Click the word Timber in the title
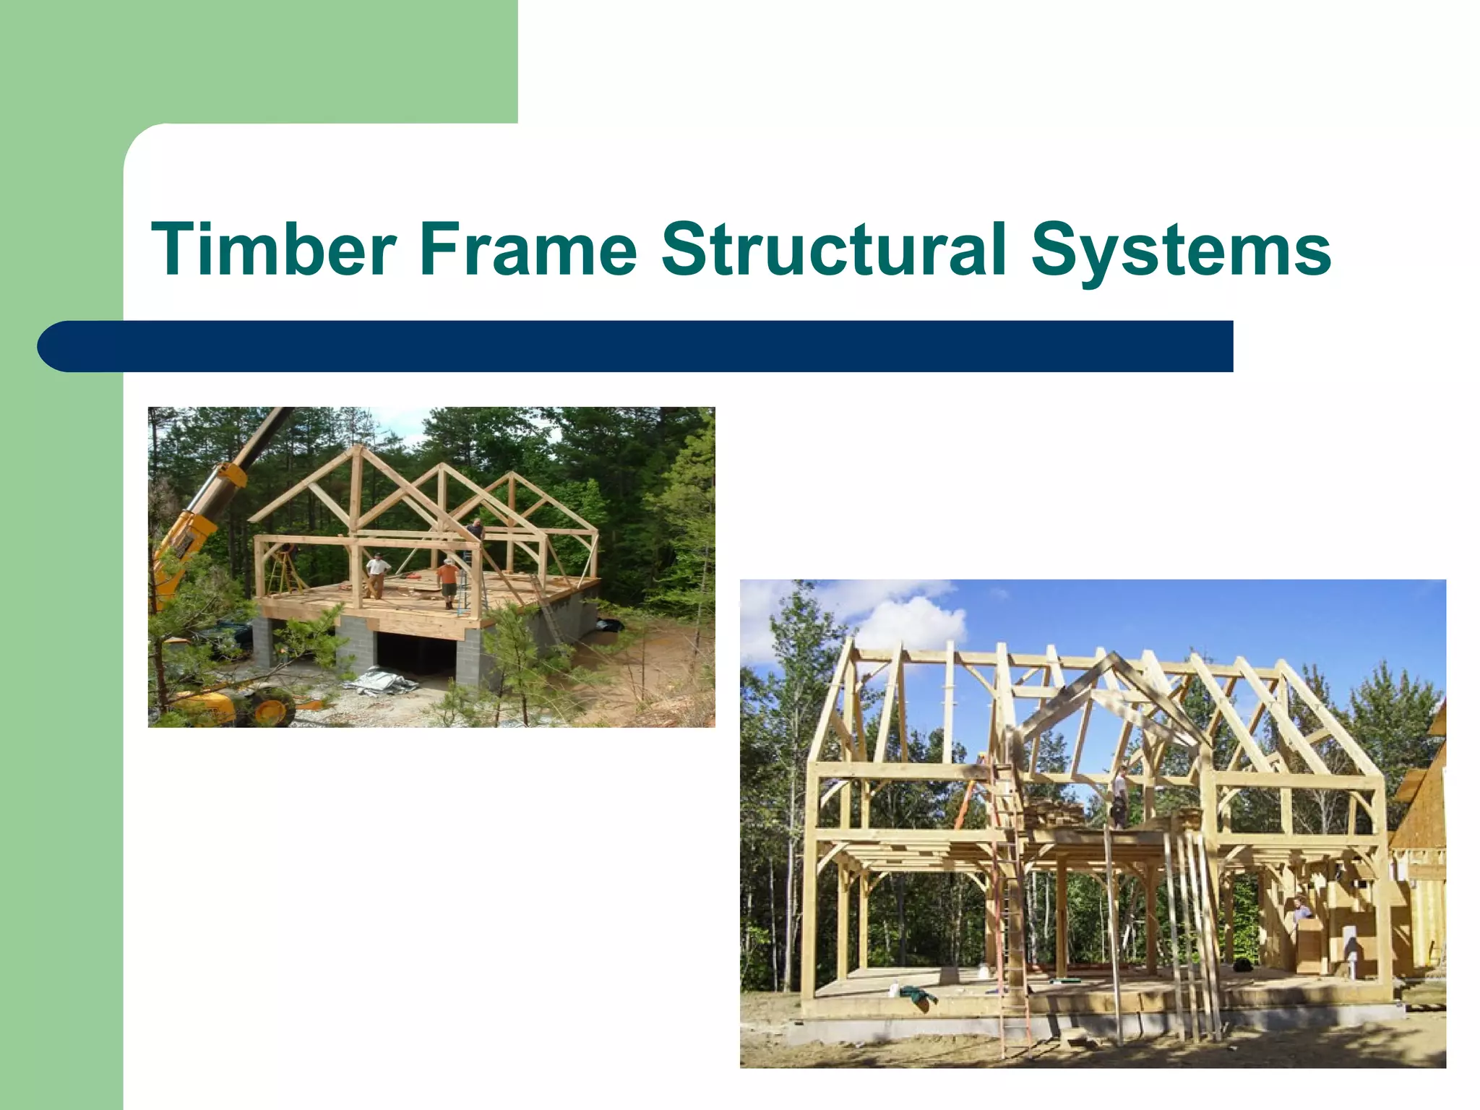[x=273, y=249]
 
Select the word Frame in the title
[x=528, y=249]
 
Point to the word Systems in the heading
[x=1181, y=249]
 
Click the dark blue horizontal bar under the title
[x=636, y=346]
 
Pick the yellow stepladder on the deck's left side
[x=285, y=572]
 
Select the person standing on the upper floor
[x=1119, y=796]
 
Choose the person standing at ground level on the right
[x=1301, y=912]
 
